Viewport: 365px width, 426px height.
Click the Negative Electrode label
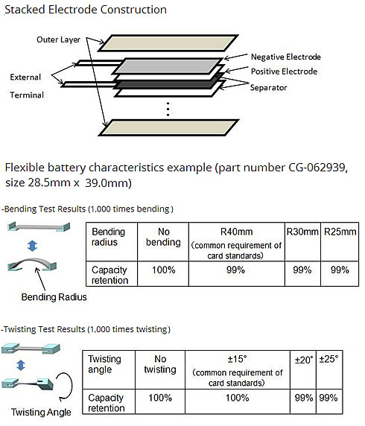[285, 57]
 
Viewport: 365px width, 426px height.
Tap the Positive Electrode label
[284, 71]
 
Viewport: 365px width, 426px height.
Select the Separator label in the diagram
[268, 88]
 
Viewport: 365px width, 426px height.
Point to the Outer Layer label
[58, 39]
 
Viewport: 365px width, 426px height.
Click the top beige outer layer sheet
[168, 43]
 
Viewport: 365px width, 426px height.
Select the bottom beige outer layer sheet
[168, 127]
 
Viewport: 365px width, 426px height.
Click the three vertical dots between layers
[168, 109]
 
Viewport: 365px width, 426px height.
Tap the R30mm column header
[302, 232]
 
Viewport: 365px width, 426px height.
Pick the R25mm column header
[340, 232]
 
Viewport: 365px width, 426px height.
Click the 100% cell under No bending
[163, 270]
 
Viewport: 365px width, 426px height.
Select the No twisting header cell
[160, 364]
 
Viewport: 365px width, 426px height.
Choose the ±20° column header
[304, 360]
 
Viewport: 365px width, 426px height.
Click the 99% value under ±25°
[328, 398]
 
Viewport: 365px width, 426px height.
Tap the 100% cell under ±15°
[238, 398]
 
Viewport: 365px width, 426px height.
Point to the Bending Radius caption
[54, 297]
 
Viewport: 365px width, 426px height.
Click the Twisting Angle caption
[41, 412]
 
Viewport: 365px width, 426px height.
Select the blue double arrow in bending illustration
[32, 246]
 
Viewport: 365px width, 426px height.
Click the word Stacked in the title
[25, 10]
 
